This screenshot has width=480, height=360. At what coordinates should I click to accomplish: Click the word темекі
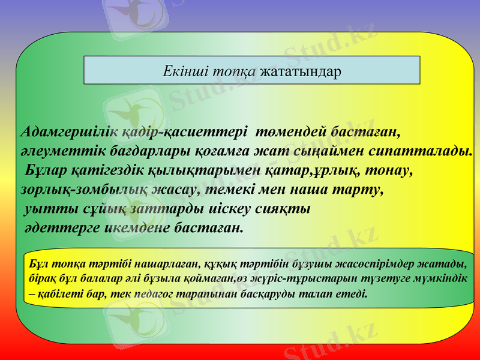point(226,189)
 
